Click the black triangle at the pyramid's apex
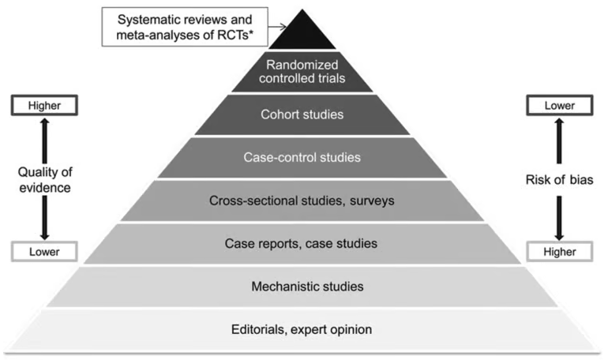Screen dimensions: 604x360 point(302,35)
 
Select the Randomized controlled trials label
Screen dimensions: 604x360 point(302,71)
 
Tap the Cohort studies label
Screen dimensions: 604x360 point(302,114)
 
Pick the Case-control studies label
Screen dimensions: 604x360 point(302,157)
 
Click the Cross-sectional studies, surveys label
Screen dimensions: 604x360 point(302,201)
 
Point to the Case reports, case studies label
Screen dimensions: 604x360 point(301,243)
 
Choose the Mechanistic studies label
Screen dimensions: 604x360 point(307,287)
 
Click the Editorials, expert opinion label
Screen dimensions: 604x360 point(302,329)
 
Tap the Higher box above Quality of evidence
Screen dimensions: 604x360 point(44,105)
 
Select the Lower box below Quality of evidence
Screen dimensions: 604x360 point(44,252)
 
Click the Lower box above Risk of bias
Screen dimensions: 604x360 point(560,105)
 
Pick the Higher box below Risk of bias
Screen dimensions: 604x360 point(560,252)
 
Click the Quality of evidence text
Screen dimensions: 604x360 point(45,180)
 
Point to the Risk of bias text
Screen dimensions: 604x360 point(559,179)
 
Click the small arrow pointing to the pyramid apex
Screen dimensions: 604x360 point(277,27)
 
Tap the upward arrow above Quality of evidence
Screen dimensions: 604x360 point(45,141)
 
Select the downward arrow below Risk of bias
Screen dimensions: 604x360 point(559,218)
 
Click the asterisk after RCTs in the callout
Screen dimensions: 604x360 point(251,32)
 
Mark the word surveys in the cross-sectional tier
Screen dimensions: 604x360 point(372,201)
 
